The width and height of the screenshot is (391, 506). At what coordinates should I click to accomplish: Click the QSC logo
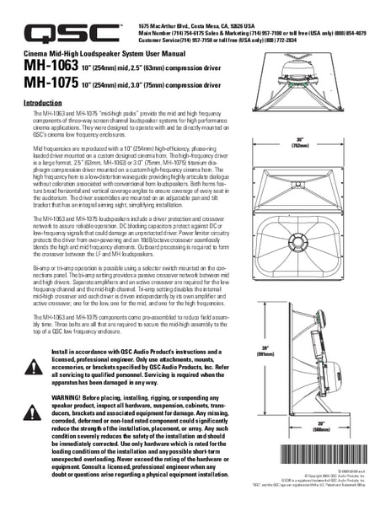(x=72, y=33)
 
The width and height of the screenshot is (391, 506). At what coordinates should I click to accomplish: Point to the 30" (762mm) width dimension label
(x=322, y=142)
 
